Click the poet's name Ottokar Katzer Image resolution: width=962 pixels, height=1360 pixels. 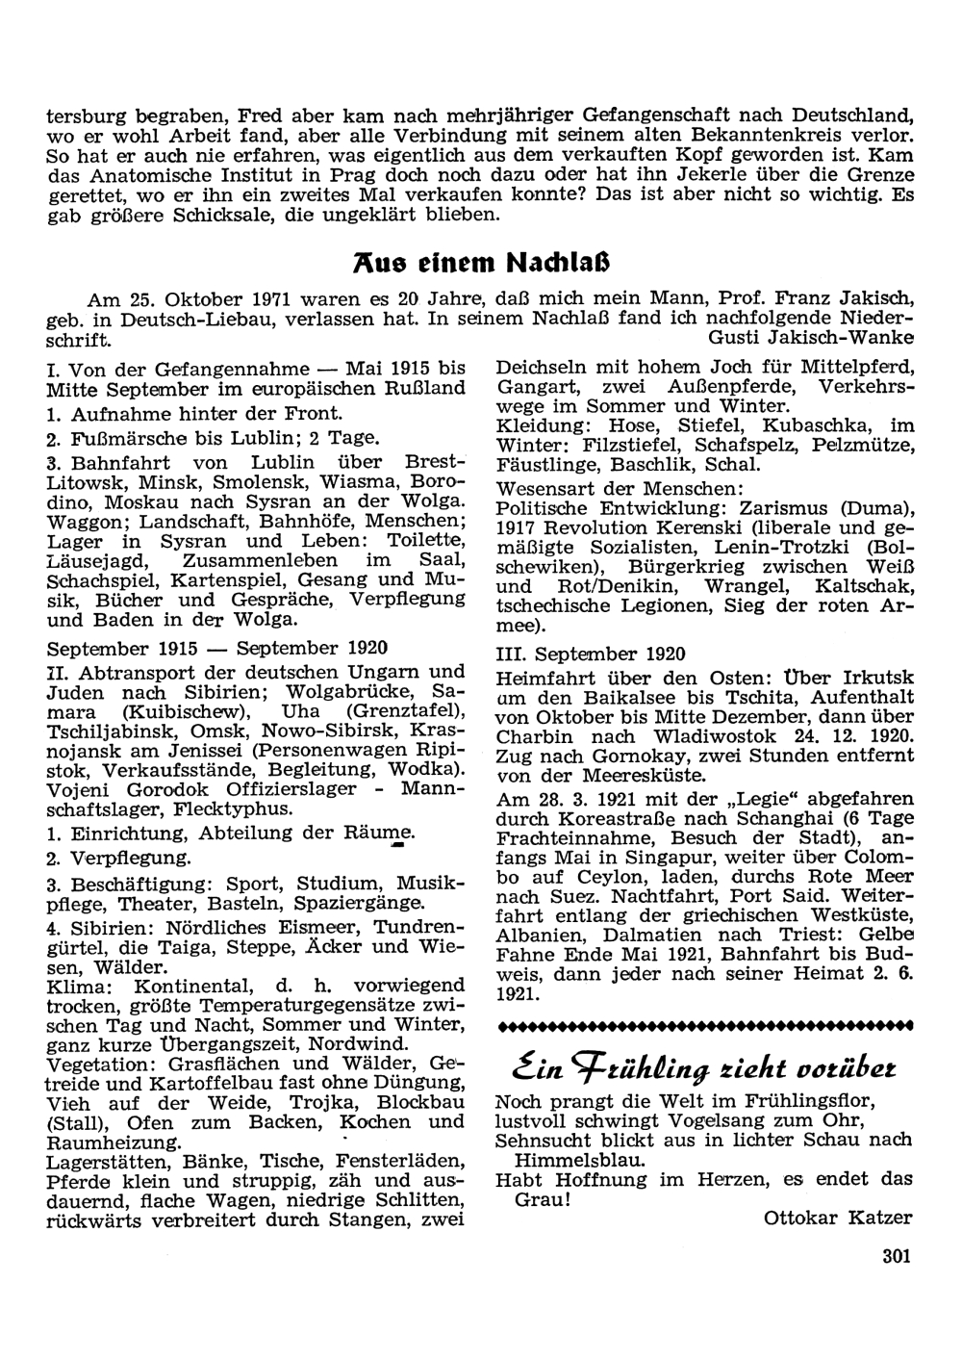(837, 1218)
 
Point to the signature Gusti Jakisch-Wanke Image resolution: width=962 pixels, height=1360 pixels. (810, 338)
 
